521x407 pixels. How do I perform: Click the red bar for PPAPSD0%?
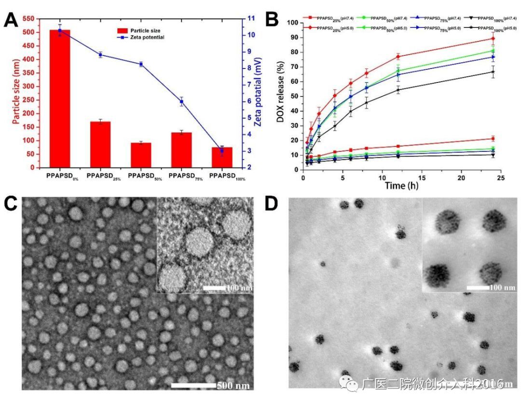(60, 99)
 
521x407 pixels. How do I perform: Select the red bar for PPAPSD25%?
(100, 144)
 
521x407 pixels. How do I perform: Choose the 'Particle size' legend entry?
(140, 30)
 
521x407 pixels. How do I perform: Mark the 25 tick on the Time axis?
(500, 177)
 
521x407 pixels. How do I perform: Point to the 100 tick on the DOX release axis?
(291, 23)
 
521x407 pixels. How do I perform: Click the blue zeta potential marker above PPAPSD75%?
(181, 101)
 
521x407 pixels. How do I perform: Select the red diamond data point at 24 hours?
(493, 39)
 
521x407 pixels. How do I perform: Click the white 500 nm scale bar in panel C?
(193, 385)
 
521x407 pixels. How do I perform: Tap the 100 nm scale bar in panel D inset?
(479, 287)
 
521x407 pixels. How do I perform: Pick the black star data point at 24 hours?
(493, 72)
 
